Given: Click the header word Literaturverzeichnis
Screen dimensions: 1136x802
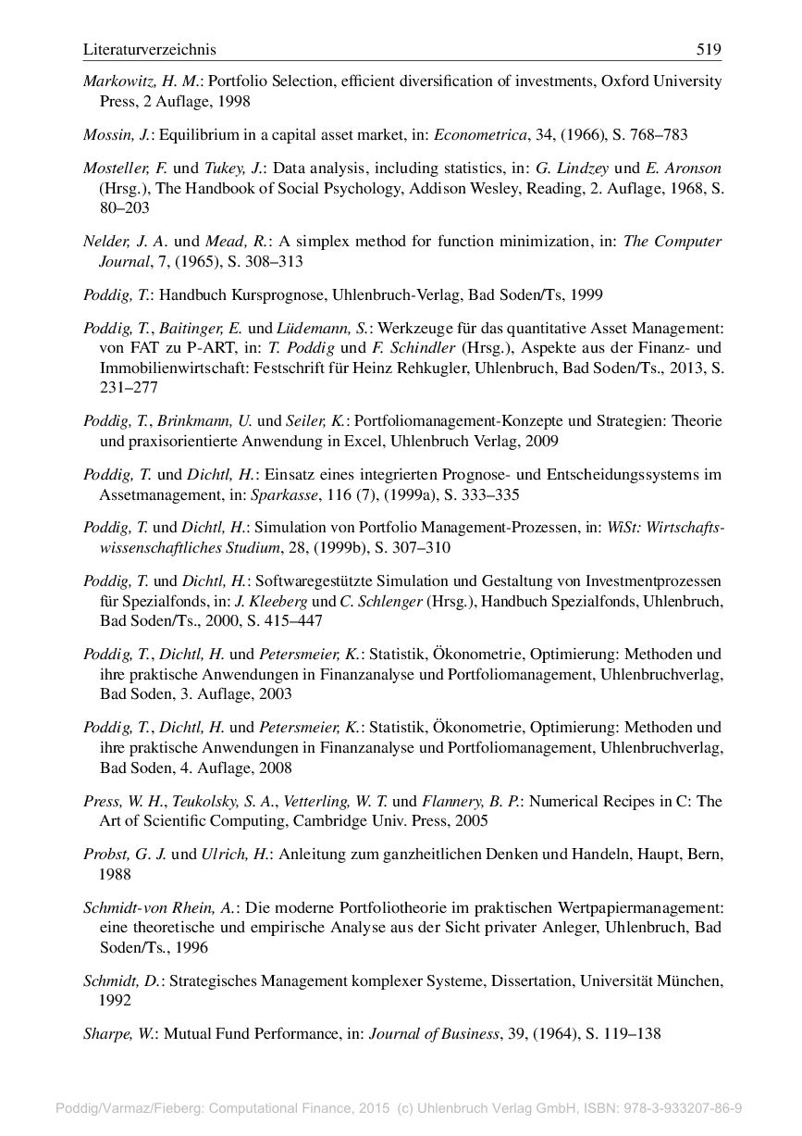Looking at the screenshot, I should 149,49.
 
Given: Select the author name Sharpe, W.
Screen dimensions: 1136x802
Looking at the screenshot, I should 119,1034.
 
